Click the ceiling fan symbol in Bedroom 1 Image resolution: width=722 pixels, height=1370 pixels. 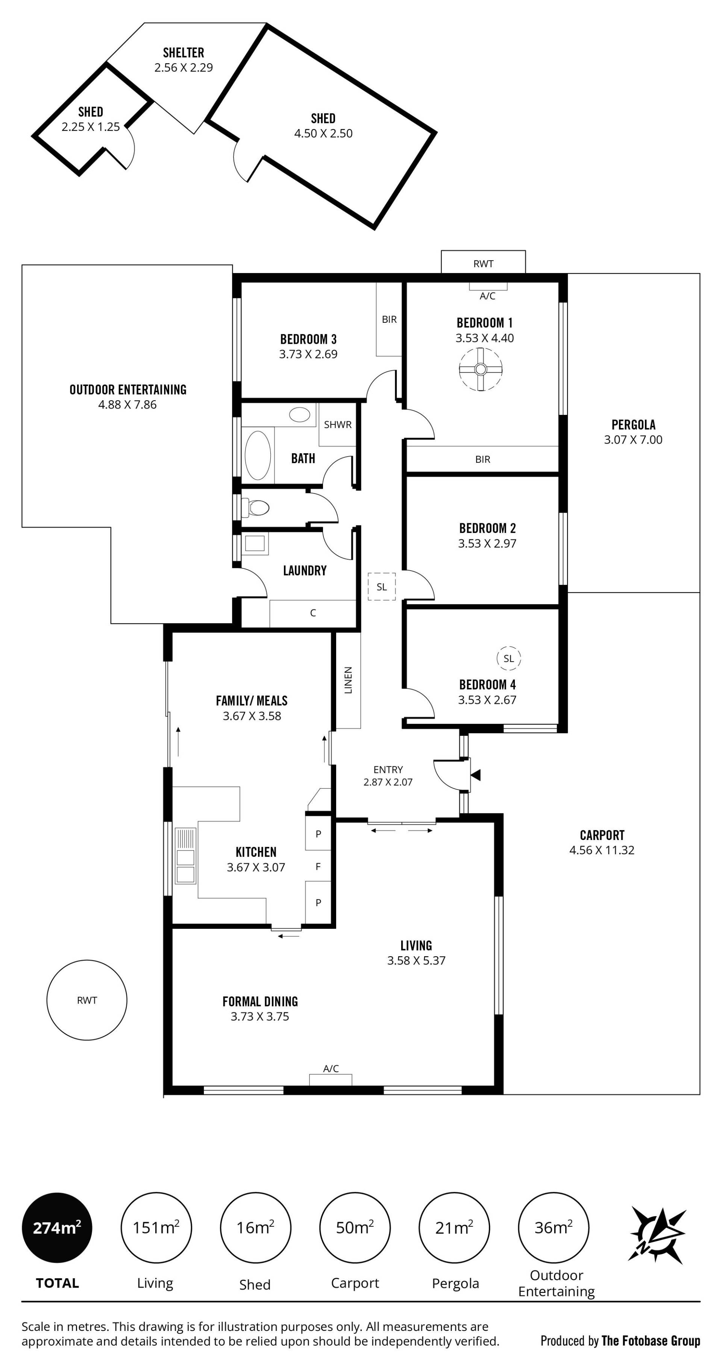tap(480, 369)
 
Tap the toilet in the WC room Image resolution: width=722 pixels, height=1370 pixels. tap(256, 507)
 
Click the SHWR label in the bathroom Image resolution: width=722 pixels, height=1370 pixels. tap(338, 424)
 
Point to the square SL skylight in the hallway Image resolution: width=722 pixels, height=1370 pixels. tap(382, 586)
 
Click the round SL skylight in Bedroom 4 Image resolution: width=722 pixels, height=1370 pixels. tap(509, 658)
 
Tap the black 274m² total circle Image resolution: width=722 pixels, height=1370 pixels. tap(57, 1227)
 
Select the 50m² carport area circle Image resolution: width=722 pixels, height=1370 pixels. tap(355, 1227)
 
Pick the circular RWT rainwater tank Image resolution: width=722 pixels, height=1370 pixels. tap(86, 1000)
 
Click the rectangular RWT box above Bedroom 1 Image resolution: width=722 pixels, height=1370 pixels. tap(483, 262)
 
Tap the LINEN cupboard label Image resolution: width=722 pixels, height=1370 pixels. tap(348, 680)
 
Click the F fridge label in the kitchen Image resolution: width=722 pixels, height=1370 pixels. tap(318, 866)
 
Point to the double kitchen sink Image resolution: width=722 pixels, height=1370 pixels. tap(185, 856)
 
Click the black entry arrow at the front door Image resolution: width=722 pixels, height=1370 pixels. tap(475, 775)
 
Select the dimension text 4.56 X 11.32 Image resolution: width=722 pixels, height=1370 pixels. tap(602, 850)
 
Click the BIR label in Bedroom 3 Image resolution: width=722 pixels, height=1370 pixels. tap(389, 319)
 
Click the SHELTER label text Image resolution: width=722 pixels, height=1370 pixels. tap(184, 53)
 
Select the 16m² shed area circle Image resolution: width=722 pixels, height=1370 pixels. tap(255, 1227)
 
